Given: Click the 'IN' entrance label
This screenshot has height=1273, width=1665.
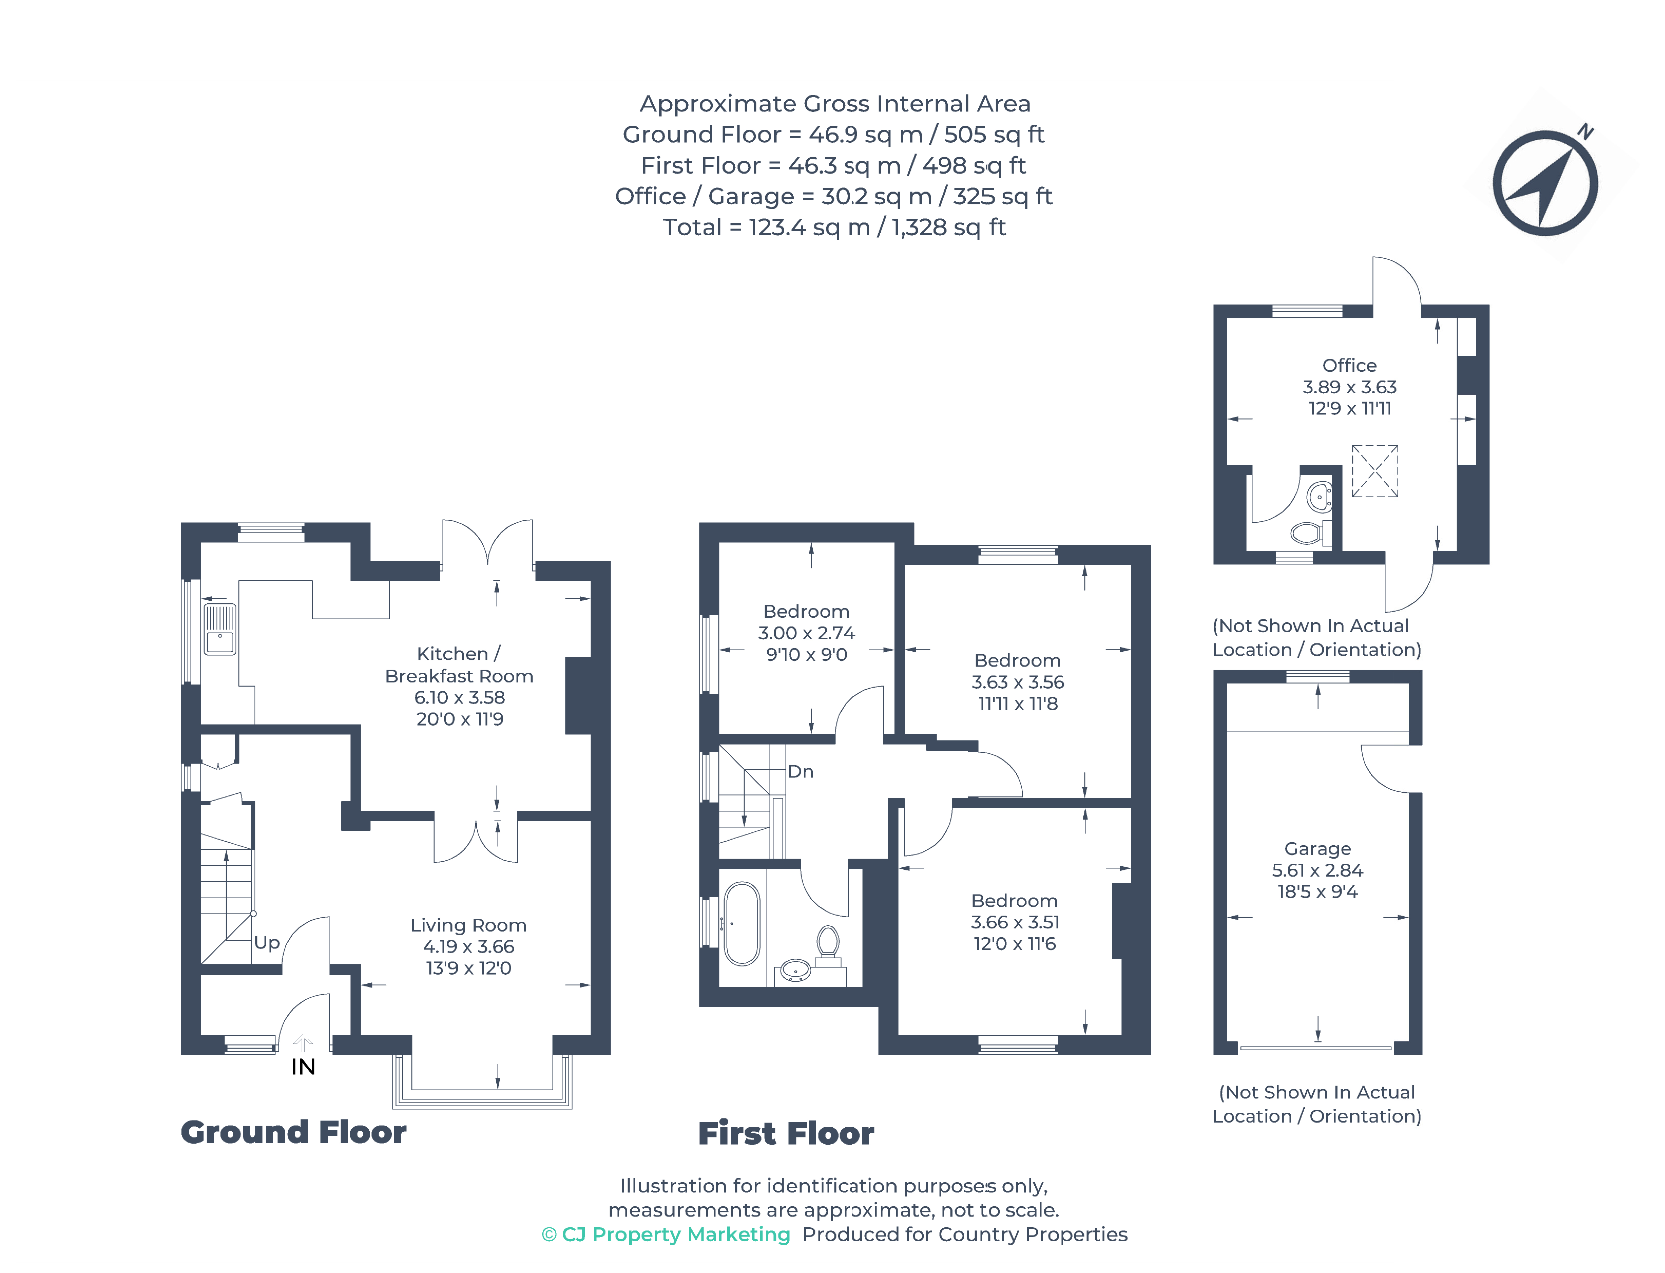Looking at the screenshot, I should pos(303,1067).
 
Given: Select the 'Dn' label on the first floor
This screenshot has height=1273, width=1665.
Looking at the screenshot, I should pos(800,771).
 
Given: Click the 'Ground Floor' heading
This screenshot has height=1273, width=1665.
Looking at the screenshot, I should pos(293,1132).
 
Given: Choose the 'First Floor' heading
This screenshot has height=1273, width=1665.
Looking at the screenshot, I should pos(786,1134).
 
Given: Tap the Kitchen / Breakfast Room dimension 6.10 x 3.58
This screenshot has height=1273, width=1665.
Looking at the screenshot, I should pos(459,697).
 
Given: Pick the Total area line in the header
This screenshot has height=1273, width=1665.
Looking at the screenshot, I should pos(834,227).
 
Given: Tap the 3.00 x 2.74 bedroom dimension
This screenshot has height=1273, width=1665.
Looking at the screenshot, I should pos(806,633).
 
